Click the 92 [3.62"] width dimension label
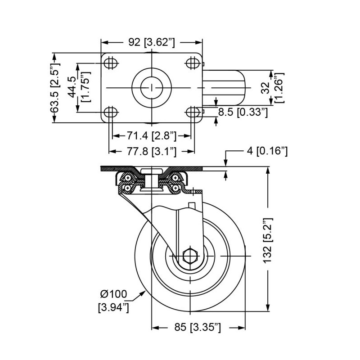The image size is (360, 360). (x=151, y=43)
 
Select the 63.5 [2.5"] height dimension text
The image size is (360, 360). (x=55, y=88)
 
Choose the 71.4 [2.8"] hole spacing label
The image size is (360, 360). (x=151, y=135)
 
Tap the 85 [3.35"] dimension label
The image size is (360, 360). (x=198, y=327)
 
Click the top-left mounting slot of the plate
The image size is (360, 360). (x=109, y=63)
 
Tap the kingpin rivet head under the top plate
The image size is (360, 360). (x=151, y=171)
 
